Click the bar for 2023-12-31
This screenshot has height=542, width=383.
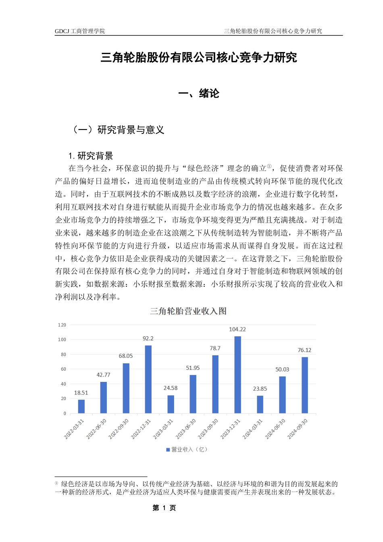click(x=237, y=375)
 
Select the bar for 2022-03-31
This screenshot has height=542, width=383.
click(x=81, y=406)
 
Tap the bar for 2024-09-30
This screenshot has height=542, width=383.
click(x=304, y=385)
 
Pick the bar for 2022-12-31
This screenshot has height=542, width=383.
click(x=148, y=379)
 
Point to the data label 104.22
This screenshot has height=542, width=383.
click(x=237, y=329)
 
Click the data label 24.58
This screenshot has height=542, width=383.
click(x=170, y=388)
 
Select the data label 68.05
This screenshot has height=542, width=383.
click(x=126, y=356)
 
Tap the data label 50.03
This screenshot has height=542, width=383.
click(x=282, y=369)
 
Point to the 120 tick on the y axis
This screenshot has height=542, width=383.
click(x=62, y=325)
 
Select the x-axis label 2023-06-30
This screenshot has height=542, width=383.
click(x=186, y=429)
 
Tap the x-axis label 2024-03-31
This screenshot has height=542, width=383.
click(x=253, y=429)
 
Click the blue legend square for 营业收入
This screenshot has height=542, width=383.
click(x=168, y=450)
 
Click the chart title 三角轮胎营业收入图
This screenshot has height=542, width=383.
click(x=188, y=311)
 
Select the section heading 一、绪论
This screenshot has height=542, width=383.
click(x=199, y=94)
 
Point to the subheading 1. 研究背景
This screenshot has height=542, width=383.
click(x=91, y=156)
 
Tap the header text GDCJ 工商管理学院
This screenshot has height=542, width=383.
click(x=80, y=31)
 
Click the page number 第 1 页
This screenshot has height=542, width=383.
click(x=164, y=508)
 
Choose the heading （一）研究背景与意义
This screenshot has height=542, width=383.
click(x=117, y=130)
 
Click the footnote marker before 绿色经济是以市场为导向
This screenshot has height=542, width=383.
click(x=56, y=483)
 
